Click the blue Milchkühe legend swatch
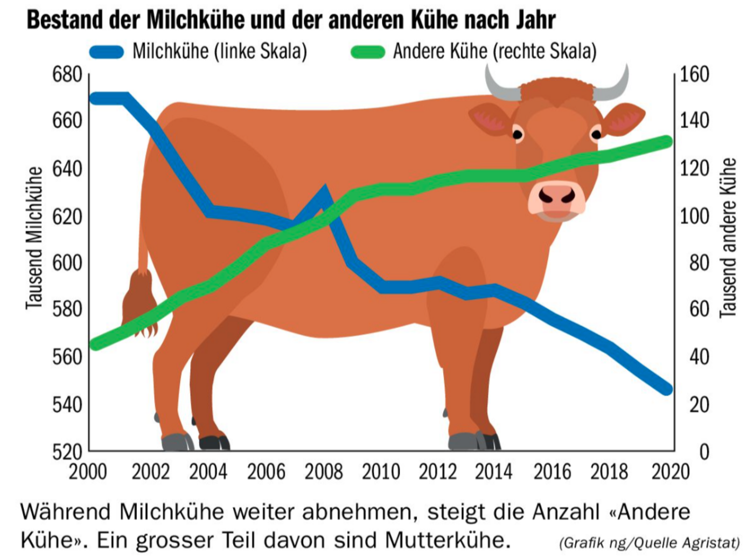(107, 52)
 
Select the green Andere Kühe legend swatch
(367, 52)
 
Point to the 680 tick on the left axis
(67, 75)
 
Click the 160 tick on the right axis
(694, 74)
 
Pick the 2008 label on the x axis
(324, 472)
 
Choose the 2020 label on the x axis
(670, 472)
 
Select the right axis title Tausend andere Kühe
(728, 237)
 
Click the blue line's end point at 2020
(667, 389)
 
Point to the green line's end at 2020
(667, 142)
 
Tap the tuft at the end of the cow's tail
(139, 305)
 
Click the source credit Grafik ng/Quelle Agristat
(649, 543)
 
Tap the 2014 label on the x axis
(493, 472)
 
